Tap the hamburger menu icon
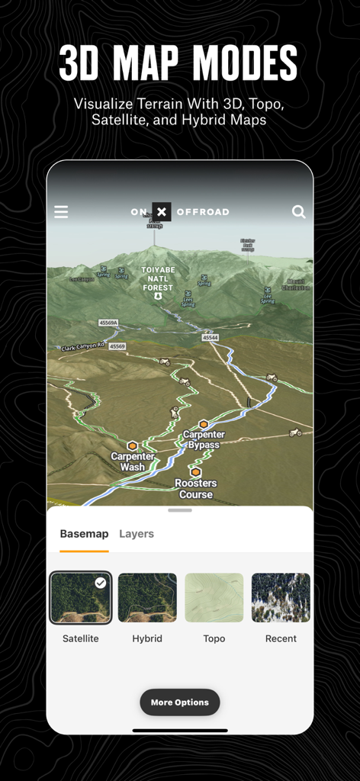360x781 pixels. click(61, 212)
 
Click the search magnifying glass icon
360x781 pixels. click(298, 212)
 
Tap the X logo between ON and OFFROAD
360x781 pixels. click(162, 211)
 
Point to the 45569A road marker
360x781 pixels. click(108, 323)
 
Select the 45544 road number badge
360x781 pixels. click(211, 337)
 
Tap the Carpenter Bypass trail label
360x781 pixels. click(204, 439)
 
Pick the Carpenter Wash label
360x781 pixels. click(133, 461)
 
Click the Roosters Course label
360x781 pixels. click(195, 489)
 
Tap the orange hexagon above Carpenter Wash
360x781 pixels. click(133, 445)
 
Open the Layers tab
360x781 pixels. click(137, 534)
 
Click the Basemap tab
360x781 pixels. click(84, 534)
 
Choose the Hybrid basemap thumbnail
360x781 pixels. click(147, 598)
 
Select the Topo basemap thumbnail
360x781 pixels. click(214, 598)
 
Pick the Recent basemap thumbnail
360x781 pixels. click(281, 598)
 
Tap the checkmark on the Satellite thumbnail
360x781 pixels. click(101, 583)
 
